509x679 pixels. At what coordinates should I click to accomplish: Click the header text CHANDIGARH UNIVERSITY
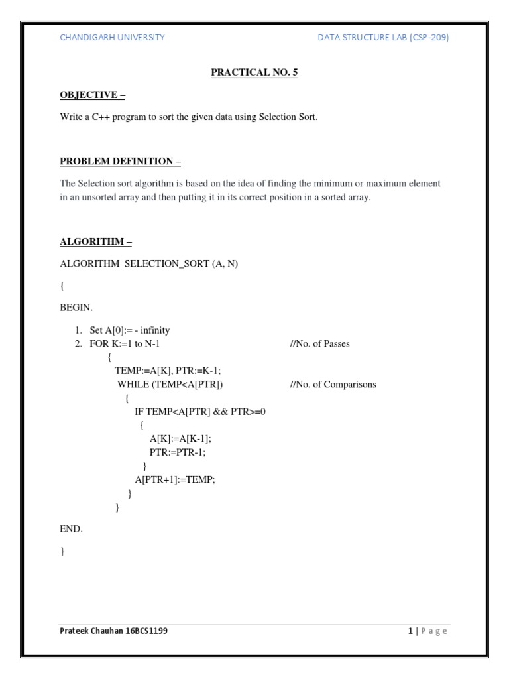pos(112,38)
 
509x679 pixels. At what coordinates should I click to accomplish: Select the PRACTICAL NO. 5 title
pos(254,72)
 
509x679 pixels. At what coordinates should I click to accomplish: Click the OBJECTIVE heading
pos(93,95)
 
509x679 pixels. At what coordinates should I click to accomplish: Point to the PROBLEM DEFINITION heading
pos(121,161)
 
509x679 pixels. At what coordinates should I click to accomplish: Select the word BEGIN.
pos(76,308)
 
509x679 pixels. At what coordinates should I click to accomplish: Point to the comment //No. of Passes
pos(319,344)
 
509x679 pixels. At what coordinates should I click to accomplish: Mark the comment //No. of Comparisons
pos(333,384)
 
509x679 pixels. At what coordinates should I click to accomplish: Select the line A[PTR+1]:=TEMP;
pos(175,479)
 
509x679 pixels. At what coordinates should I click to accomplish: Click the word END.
pos(71,528)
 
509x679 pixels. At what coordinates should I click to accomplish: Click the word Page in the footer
pos(433,631)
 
